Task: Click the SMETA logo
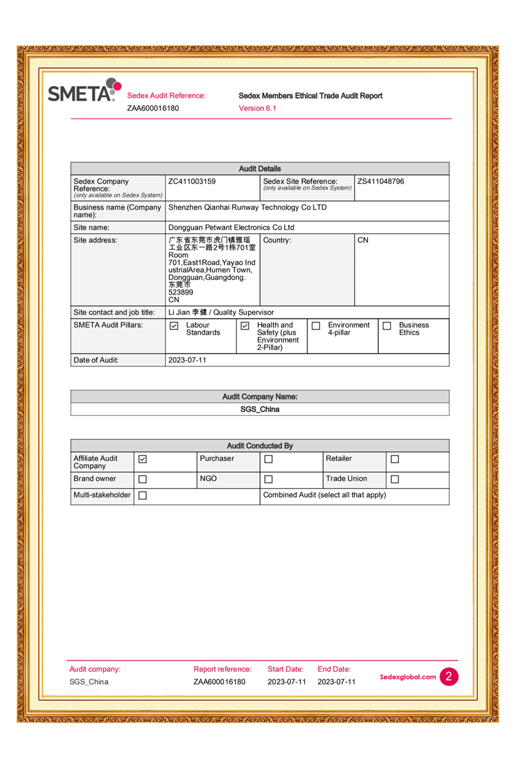coord(84,91)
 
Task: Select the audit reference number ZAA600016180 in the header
coord(153,108)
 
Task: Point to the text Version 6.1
coord(257,108)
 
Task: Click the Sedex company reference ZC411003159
coord(192,182)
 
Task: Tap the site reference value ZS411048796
coord(381,182)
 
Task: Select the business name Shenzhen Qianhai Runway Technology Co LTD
coord(247,207)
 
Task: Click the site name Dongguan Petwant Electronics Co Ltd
coord(231,228)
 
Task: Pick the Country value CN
coord(363,240)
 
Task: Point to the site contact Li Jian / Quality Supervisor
coord(221,312)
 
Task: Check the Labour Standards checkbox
coord(174,326)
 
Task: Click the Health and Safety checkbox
coord(245,326)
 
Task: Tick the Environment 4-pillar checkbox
coord(316,326)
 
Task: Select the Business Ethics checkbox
coord(387,326)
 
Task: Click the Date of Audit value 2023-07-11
coord(187,360)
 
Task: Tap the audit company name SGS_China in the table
coord(260,409)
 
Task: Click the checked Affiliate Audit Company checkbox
coord(143,459)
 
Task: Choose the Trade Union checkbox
coord(395,479)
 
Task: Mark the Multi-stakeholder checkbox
coord(143,495)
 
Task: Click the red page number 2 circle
coord(449,676)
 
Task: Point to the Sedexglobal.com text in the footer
coord(408,677)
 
